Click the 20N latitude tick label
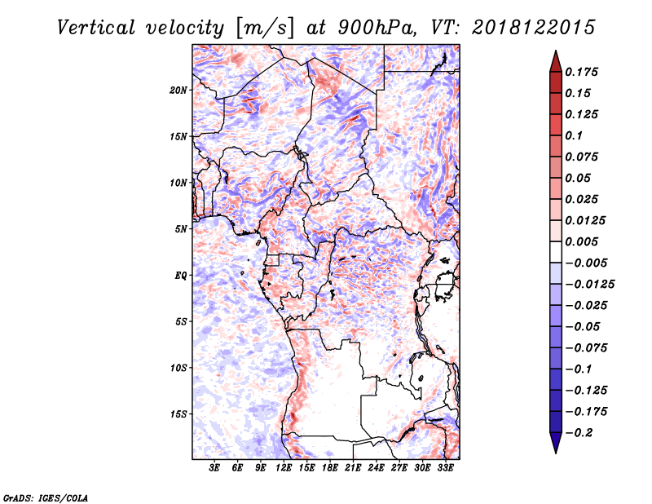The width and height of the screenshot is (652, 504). point(178,91)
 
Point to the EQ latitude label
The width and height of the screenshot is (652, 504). point(181,276)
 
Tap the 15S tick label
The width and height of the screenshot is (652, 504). point(178,414)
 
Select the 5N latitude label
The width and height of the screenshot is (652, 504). point(181,229)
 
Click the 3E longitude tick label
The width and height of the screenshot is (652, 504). point(214,467)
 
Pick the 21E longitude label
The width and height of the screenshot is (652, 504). point(353,467)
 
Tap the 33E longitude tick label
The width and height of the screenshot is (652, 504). point(445,467)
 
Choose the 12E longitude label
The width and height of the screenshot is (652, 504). point(284,467)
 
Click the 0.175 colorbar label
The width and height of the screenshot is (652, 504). point(581,72)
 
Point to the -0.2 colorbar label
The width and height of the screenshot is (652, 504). point(579,433)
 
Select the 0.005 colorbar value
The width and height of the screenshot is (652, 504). point(581,241)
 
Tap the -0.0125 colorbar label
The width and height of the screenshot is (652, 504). point(589,285)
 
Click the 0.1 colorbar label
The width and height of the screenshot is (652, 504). point(574,135)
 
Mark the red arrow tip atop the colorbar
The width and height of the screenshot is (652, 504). point(556,51)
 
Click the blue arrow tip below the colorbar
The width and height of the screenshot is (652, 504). point(556,453)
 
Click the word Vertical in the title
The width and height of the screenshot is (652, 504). point(96,28)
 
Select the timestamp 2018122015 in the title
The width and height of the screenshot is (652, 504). point(534,28)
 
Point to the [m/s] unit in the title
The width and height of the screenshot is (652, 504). point(265,28)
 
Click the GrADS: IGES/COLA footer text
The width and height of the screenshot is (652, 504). point(46,498)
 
